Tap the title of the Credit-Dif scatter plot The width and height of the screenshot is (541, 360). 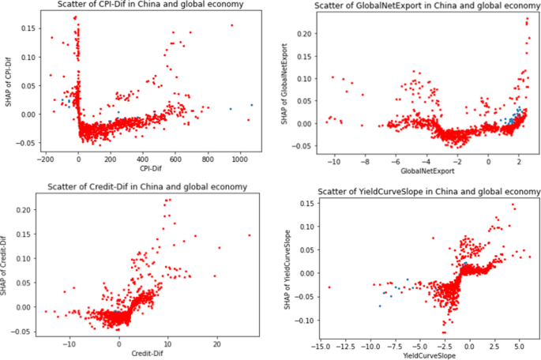(146, 186)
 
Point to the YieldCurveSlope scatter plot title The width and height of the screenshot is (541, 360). (430, 192)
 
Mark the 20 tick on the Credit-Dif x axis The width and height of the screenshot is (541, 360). (216, 344)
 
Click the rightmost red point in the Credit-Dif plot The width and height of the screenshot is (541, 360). (249, 235)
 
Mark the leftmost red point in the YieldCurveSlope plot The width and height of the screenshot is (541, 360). (329, 287)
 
